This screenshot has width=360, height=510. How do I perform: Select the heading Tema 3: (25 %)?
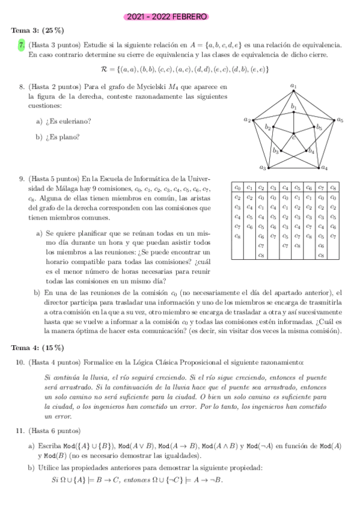(x=38, y=31)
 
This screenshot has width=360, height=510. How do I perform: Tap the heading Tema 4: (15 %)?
(x=38, y=347)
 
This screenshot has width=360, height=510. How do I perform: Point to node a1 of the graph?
(x=293, y=91)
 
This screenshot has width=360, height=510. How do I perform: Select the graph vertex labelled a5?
(x=333, y=120)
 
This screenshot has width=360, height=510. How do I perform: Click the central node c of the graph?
(x=293, y=134)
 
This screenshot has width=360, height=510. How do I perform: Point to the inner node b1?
(x=293, y=111)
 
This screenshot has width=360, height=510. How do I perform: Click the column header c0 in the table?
(x=238, y=187)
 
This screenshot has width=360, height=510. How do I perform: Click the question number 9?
(x=21, y=178)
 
